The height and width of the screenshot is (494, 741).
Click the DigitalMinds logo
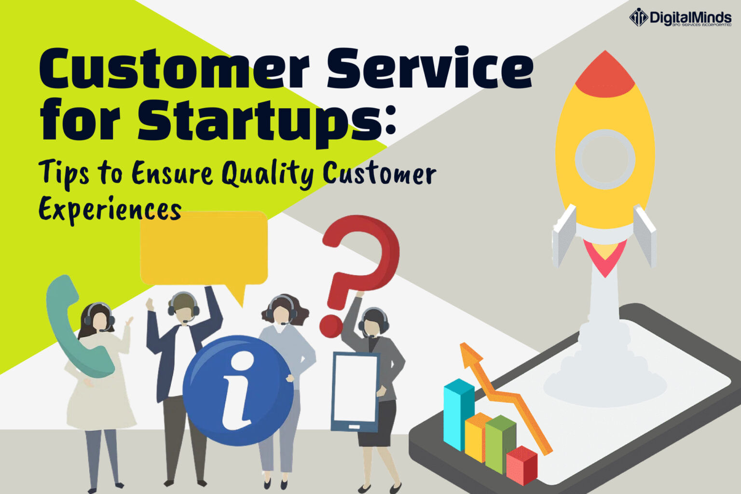point(680,18)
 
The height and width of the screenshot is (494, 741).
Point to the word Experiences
point(110,209)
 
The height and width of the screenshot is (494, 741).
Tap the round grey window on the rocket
point(605,158)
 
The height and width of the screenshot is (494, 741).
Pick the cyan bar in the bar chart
point(458,413)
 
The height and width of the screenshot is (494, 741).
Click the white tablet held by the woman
point(356,389)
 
